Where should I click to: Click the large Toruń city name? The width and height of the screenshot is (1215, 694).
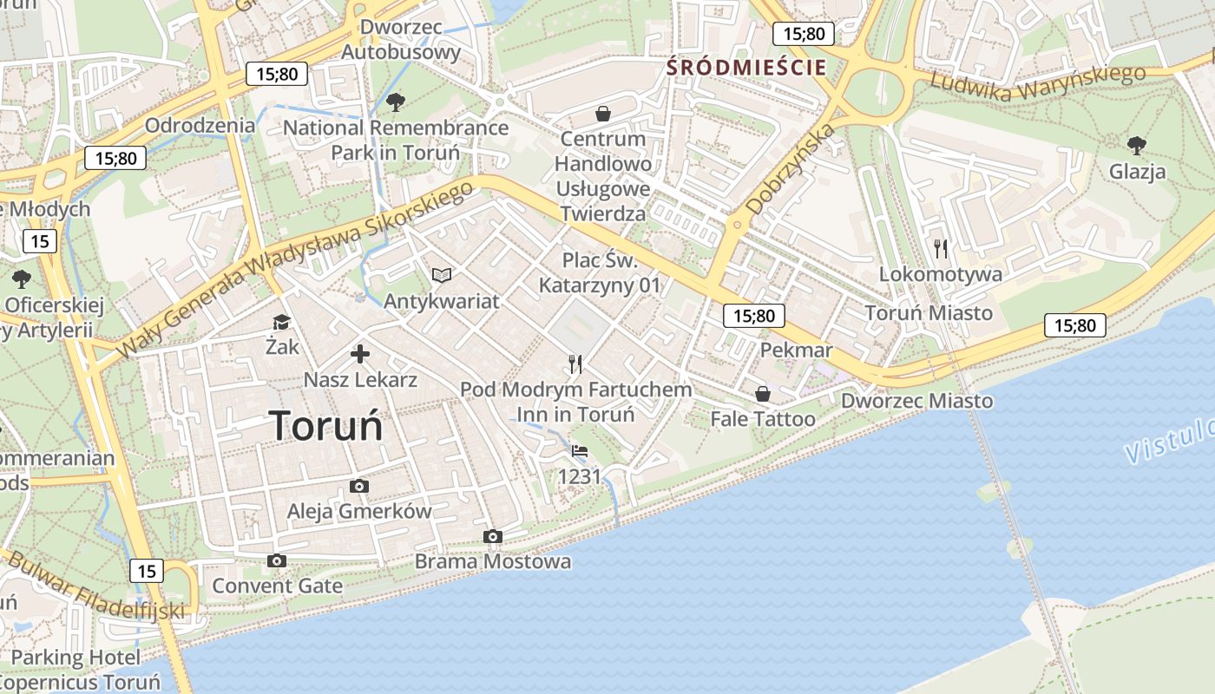pos(326,426)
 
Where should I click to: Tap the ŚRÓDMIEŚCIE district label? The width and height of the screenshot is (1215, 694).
pos(746,68)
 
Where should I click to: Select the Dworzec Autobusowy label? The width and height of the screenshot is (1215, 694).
pos(400,39)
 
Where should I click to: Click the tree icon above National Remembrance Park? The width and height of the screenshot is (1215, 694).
pos(396,102)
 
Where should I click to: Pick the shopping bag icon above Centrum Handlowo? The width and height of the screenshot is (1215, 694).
pos(602,114)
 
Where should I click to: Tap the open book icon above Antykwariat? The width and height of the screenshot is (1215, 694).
pos(442,275)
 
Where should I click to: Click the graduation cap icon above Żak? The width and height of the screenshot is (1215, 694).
pos(281,322)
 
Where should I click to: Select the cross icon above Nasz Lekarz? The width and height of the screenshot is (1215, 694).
pos(359,354)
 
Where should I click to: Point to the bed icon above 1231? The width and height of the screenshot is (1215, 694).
pos(580,451)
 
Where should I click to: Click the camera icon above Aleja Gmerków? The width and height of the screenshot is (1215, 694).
pos(358,486)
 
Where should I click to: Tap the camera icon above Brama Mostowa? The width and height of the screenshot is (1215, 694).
pos(492,536)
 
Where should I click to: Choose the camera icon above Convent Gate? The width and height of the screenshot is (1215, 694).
pos(277,560)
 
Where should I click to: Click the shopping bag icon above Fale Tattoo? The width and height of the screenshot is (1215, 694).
pos(762,394)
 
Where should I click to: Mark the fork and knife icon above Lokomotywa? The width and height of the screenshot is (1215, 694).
pos(941,249)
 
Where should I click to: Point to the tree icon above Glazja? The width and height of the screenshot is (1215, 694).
pos(1136,145)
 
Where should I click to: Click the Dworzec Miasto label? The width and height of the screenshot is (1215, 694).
pos(916,401)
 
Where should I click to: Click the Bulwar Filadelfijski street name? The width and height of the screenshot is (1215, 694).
pos(95,586)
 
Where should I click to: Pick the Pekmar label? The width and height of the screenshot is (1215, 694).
pos(796,350)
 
